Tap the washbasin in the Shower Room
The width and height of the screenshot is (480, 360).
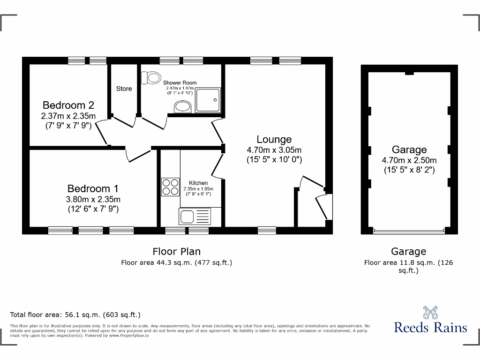(x=182, y=107)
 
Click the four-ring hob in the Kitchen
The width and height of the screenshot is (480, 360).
(x=170, y=187)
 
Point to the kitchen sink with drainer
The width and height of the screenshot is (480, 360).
(x=195, y=216)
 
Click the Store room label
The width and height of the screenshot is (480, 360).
(x=124, y=89)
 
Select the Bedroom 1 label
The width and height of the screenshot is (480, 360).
(x=93, y=188)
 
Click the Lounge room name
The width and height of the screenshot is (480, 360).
(x=274, y=139)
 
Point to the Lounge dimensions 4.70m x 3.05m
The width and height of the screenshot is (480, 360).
(x=274, y=150)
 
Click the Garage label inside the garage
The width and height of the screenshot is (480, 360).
(x=409, y=150)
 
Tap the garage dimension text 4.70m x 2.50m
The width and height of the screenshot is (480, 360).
(x=409, y=160)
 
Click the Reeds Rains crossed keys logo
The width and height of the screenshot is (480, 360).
(x=430, y=313)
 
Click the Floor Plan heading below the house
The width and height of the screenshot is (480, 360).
(x=177, y=252)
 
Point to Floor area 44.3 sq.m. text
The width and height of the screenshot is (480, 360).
(x=177, y=262)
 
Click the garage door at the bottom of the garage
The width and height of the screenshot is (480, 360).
(x=409, y=231)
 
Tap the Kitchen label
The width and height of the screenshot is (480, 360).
(x=198, y=183)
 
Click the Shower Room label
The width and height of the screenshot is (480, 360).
(x=180, y=82)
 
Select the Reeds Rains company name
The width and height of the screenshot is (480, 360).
(x=430, y=327)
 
